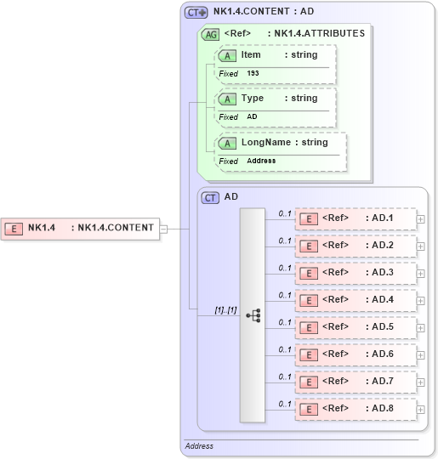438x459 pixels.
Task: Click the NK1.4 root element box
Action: click(80, 228)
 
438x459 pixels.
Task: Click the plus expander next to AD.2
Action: click(421, 246)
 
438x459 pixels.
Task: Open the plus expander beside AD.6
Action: click(421, 355)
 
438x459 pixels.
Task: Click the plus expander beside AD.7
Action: click(421, 382)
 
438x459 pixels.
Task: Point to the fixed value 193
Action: click(253, 74)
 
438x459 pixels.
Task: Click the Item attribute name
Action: click(251, 55)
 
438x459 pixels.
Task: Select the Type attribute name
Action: click(253, 99)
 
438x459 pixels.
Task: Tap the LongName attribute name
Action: click(259, 143)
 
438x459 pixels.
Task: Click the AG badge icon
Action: click(209, 35)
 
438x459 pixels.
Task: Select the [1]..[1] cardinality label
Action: click(225, 312)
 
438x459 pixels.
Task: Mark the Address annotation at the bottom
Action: click(199, 446)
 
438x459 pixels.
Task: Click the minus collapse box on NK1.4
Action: click(163, 228)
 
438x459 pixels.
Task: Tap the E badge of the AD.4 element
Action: click(310, 300)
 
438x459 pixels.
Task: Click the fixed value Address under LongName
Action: click(261, 161)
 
